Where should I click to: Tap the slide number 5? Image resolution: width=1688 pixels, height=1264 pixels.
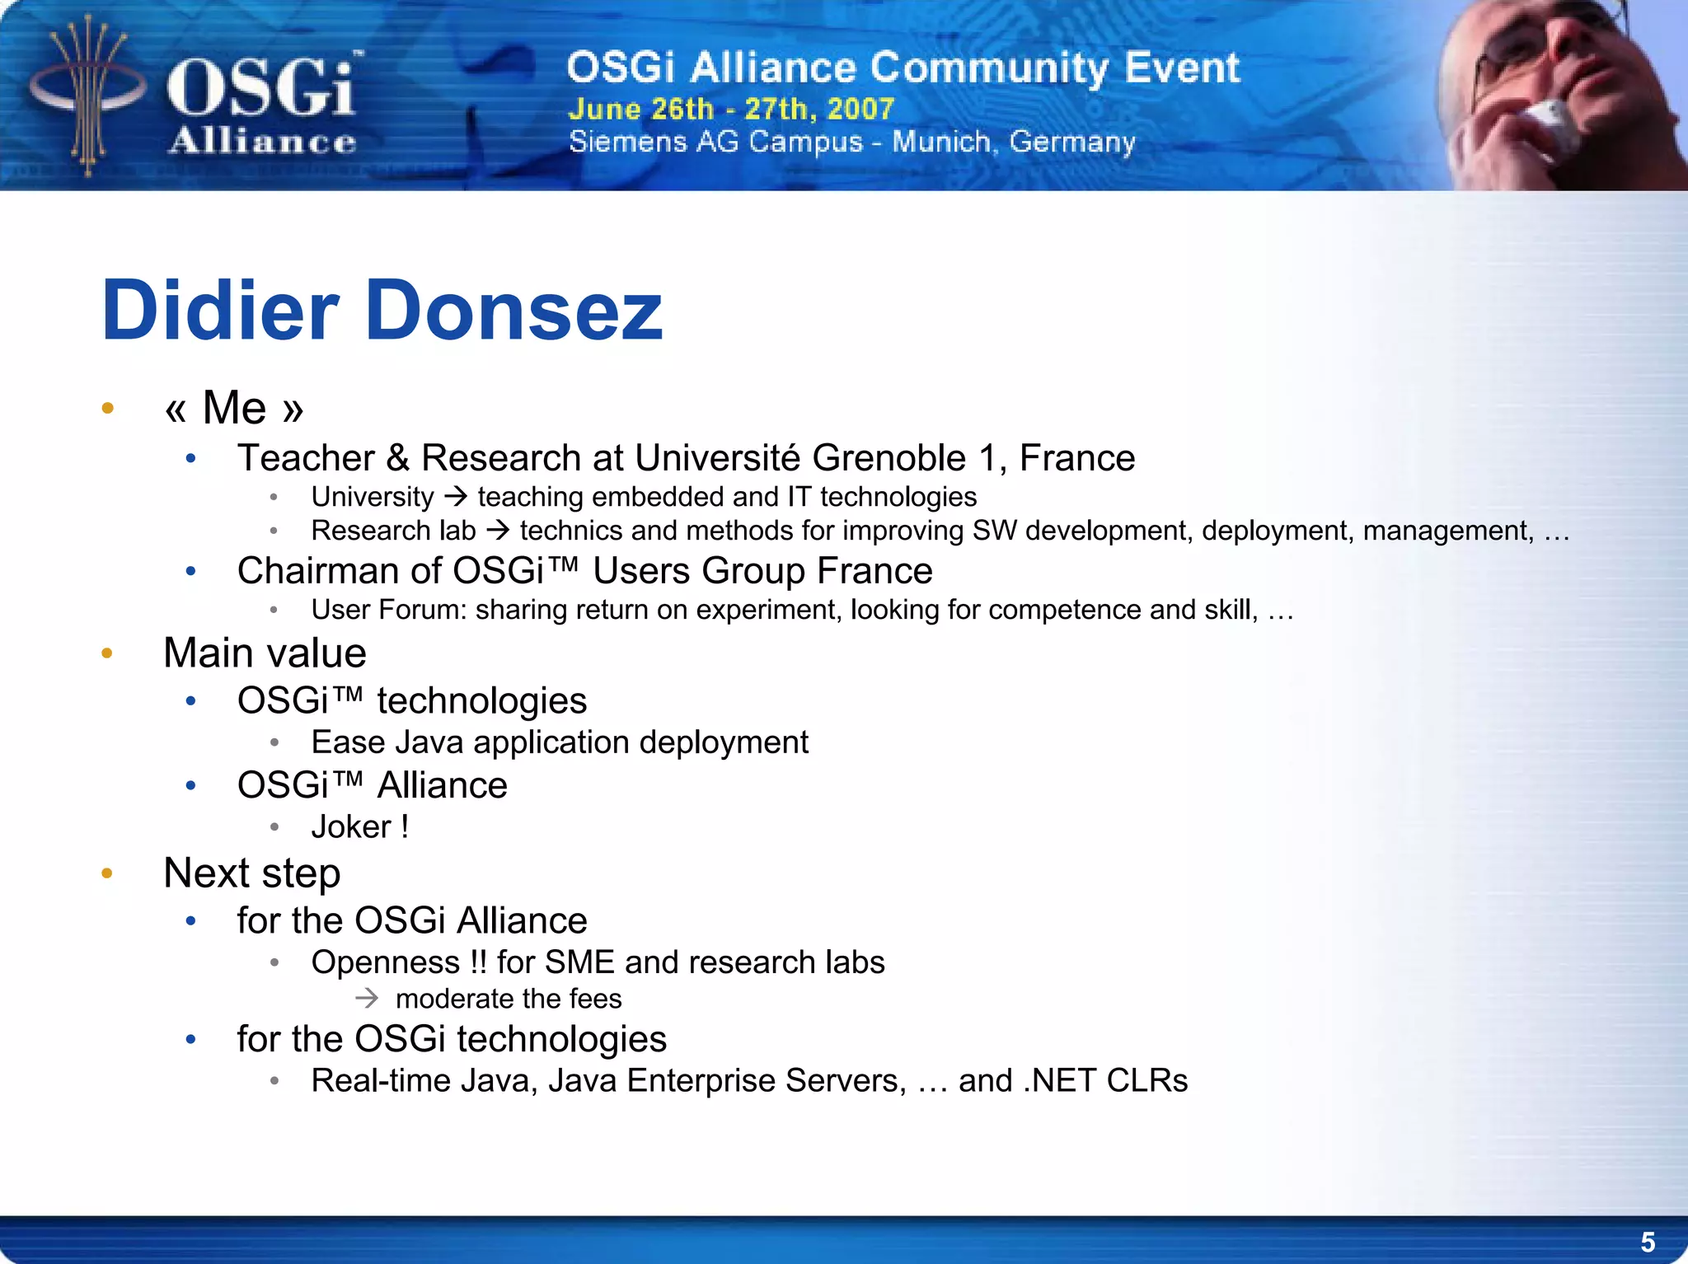(x=1648, y=1241)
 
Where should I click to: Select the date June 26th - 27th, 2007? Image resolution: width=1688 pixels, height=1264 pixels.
(x=730, y=109)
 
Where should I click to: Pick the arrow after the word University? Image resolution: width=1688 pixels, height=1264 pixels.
(x=456, y=497)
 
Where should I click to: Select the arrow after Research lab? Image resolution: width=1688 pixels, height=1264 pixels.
(x=498, y=531)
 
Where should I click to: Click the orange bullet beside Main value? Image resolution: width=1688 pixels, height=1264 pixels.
(x=107, y=653)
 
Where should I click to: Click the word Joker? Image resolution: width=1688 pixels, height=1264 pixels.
(x=351, y=827)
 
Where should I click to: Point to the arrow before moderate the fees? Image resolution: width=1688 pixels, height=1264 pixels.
(x=367, y=999)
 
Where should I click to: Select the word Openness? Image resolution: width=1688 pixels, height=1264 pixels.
(x=386, y=962)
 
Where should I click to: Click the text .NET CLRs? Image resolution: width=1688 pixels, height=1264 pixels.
(x=1105, y=1081)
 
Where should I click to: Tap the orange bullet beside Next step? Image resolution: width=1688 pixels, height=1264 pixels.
(x=107, y=873)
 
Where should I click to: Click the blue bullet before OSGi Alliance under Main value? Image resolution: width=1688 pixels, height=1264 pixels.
(x=191, y=785)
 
